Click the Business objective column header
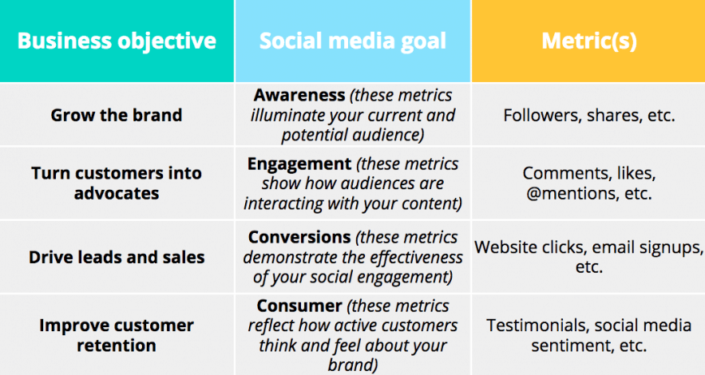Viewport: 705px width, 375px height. pos(117,41)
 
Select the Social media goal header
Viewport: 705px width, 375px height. pos(353,41)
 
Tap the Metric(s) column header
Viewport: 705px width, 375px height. pos(588,41)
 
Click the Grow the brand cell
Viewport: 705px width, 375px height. pos(117,115)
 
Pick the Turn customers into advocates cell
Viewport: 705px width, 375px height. pos(117,184)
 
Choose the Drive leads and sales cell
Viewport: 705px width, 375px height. pos(117,258)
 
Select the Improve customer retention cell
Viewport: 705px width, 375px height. pos(117,335)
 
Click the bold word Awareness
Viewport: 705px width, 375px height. pos(299,95)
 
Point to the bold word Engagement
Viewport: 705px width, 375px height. pos(299,164)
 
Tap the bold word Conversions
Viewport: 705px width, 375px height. pos(299,237)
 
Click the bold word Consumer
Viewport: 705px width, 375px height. pos(299,306)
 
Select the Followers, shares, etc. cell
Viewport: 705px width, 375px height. pos(588,116)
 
